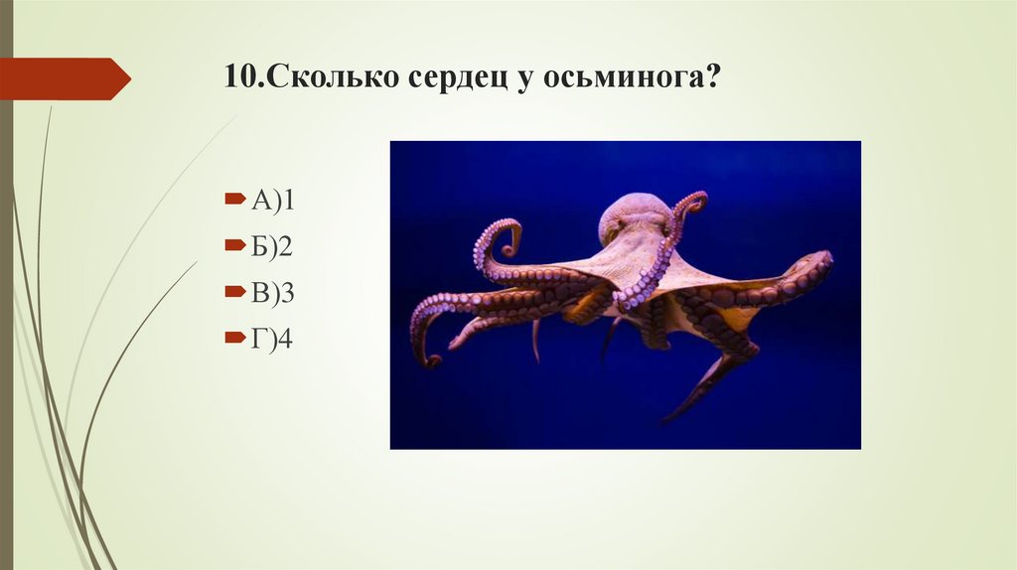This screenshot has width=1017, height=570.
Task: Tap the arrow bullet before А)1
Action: (232, 201)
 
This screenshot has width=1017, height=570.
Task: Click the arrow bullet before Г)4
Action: (232, 340)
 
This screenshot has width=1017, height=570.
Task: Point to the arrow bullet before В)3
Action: (232, 293)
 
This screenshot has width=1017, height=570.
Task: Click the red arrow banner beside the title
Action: (64, 78)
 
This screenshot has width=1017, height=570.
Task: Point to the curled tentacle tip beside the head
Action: (692, 203)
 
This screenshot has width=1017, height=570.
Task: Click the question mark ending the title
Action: (711, 79)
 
